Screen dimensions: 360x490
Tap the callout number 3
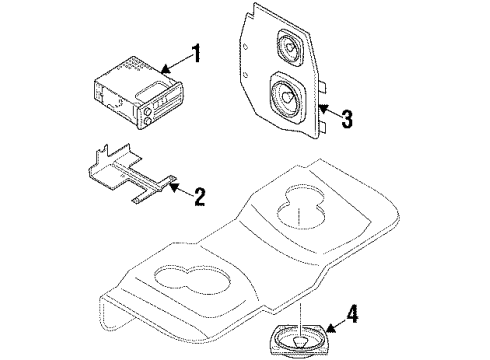(x=345, y=120)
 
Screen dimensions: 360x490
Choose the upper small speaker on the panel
(x=291, y=47)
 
